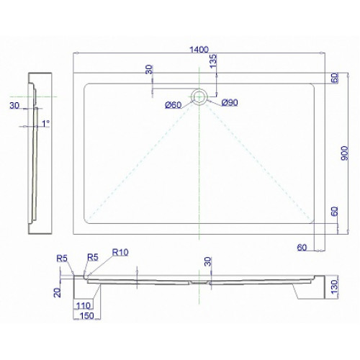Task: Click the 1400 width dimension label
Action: point(199,50)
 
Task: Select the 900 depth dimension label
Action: point(344,153)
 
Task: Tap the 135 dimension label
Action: point(213,61)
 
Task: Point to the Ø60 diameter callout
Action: point(174,105)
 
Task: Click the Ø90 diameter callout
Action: point(230,102)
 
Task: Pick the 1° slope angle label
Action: point(46,124)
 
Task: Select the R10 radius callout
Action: point(120,252)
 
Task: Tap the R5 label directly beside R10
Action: point(93,257)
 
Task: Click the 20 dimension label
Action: point(58,292)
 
